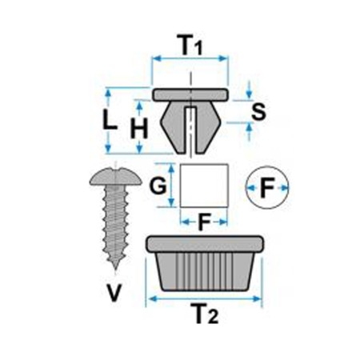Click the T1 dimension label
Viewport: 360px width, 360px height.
click(191, 45)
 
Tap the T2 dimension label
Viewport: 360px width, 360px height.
click(206, 314)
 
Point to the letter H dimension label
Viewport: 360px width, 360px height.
click(139, 129)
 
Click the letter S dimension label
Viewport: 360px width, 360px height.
click(258, 111)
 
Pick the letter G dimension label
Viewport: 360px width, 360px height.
click(158, 186)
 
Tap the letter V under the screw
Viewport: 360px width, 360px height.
click(114, 293)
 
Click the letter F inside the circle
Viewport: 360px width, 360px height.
click(267, 188)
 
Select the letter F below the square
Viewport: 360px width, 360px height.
click(204, 221)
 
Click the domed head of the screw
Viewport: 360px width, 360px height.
click(116, 176)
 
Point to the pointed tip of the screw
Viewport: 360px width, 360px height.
click(115, 269)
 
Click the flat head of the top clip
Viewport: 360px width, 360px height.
click(190, 95)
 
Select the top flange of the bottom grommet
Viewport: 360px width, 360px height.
click(205, 244)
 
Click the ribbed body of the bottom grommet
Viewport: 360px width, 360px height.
click(205, 271)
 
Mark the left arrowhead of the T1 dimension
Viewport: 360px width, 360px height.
click(158, 58)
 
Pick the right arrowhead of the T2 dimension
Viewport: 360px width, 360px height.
click(257, 299)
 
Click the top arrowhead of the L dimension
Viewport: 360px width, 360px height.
click(108, 94)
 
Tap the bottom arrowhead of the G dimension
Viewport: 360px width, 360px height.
click(171, 202)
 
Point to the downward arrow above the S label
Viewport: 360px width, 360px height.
click(249, 90)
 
